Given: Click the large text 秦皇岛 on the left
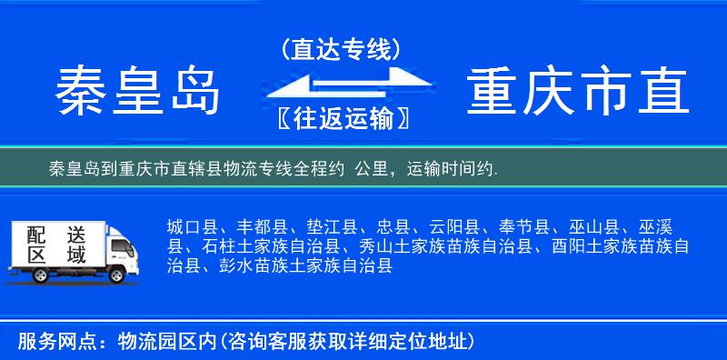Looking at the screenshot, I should click(139, 91).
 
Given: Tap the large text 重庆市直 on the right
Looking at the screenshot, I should click(578, 91).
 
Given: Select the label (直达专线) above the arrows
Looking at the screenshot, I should click(341, 47).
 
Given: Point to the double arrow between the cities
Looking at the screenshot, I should click(341, 85).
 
